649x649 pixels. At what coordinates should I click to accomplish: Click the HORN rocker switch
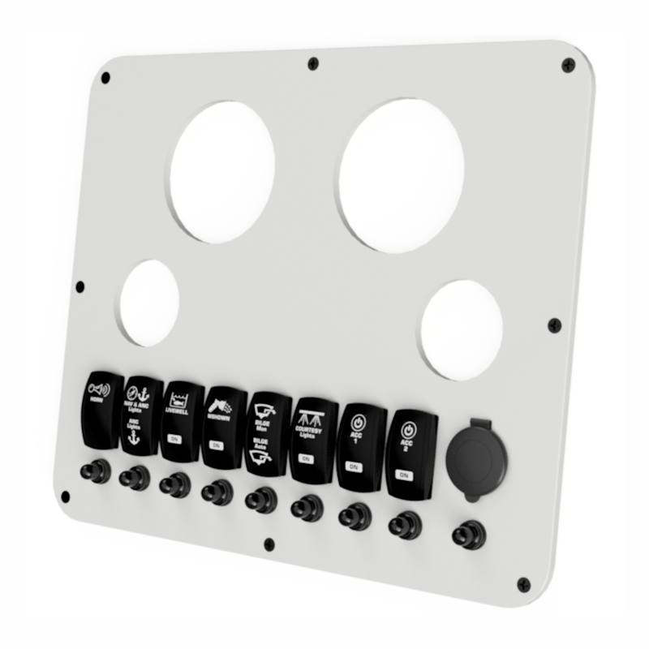pyautogui.click(x=101, y=410)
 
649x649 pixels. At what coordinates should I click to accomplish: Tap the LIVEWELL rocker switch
pyautogui.click(x=179, y=418)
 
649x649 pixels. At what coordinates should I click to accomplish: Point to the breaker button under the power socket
pyautogui.click(x=467, y=535)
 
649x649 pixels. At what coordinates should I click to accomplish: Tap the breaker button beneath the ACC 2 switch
pyautogui.click(x=403, y=525)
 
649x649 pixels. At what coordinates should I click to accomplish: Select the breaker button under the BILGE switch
pyautogui.click(x=260, y=500)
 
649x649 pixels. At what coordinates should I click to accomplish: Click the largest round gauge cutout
pyautogui.click(x=401, y=175)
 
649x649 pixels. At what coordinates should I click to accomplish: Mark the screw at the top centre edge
pyautogui.click(x=313, y=63)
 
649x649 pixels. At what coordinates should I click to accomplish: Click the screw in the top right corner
pyautogui.click(x=568, y=65)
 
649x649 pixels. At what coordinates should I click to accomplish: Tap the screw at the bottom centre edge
pyautogui.click(x=269, y=544)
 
